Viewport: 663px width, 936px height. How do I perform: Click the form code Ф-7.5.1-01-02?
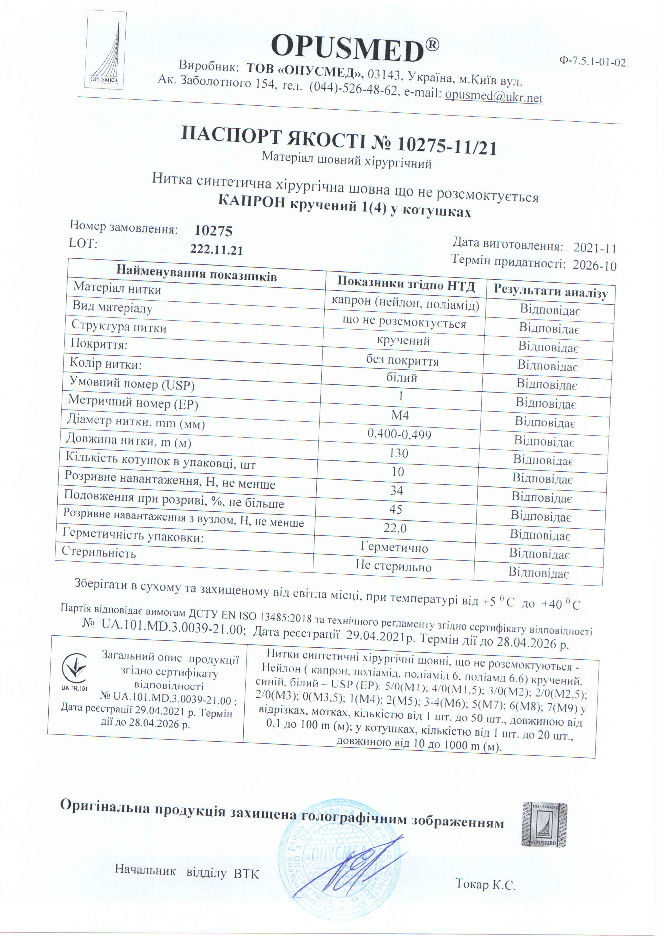(x=592, y=62)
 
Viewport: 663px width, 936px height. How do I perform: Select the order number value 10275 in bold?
(x=213, y=231)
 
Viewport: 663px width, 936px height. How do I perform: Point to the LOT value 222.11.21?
(x=216, y=249)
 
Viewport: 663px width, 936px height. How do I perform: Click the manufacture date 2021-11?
(x=594, y=248)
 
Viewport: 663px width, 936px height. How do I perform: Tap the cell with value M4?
(x=400, y=415)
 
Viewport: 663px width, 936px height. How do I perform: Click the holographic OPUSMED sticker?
(x=544, y=825)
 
